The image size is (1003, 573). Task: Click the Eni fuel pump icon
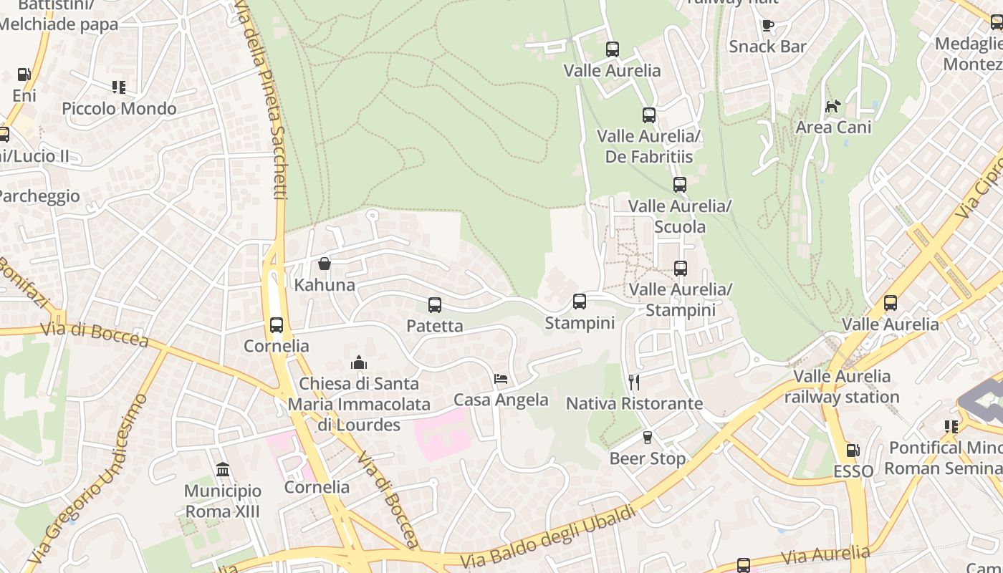coord(24,74)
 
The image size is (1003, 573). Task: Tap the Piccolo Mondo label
coord(119,109)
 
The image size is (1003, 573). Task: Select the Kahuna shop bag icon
coord(325,264)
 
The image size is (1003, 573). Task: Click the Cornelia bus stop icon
coord(277,325)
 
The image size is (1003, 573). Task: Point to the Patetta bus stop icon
coord(435,305)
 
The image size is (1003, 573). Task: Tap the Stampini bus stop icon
coord(580,302)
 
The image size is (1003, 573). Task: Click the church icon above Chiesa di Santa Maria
coord(359,362)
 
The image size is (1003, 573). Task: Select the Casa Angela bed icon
coord(501,378)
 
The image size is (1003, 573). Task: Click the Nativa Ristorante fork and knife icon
coord(633,382)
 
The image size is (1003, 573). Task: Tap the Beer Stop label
coord(648,458)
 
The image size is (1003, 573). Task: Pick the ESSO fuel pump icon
coord(853,451)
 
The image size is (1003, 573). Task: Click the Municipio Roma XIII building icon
coord(223,470)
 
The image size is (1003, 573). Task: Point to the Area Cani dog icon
coord(832,107)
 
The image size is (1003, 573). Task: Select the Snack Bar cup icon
coord(768,26)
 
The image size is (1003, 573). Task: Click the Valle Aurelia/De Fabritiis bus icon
coord(649,115)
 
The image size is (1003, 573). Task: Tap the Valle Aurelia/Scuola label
coord(679,216)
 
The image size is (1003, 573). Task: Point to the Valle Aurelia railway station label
coord(842,386)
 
